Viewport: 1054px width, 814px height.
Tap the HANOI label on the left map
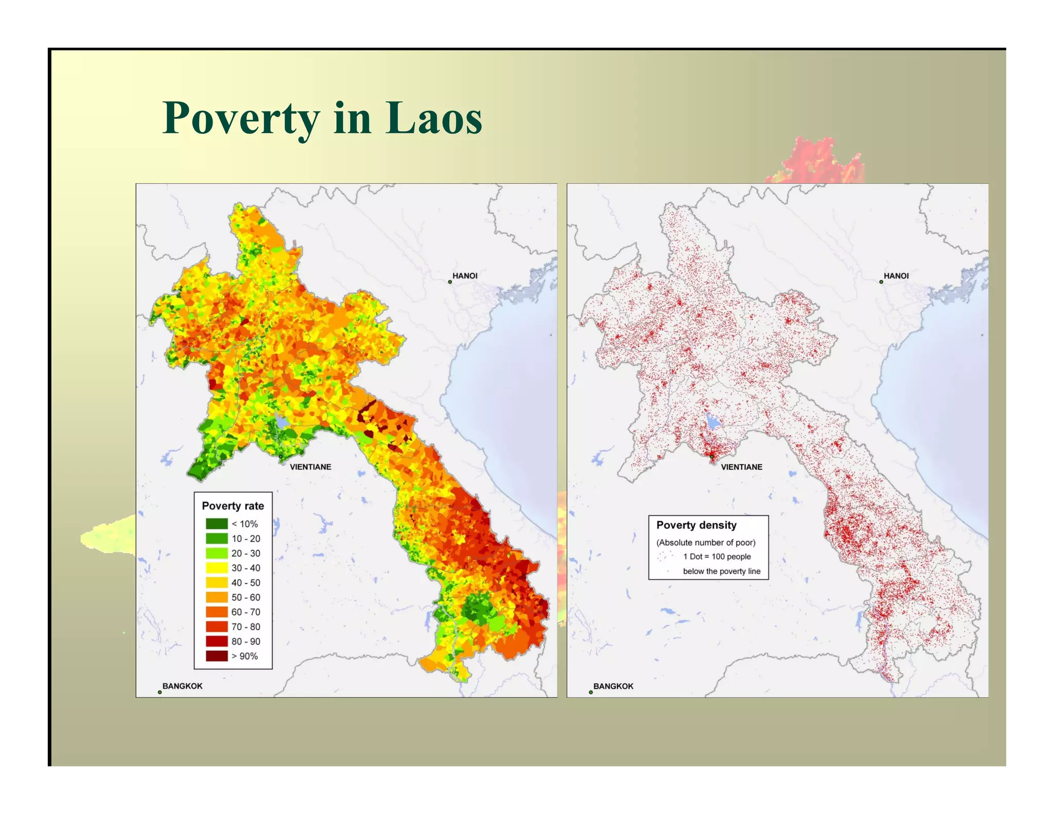click(x=465, y=276)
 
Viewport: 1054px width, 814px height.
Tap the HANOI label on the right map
click(x=896, y=276)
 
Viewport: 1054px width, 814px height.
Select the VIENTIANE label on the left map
click(x=310, y=467)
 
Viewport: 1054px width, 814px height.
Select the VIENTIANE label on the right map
click(x=741, y=467)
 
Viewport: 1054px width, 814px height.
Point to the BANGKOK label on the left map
click(x=182, y=686)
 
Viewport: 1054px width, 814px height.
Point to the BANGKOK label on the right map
click(x=613, y=686)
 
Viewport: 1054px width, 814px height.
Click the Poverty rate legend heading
click(x=233, y=506)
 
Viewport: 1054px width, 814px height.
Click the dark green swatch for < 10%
click(x=217, y=524)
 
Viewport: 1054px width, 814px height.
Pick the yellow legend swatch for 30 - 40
click(x=217, y=568)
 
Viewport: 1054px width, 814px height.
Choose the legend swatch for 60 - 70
click(x=217, y=612)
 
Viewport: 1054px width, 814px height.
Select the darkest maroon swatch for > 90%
click(x=217, y=656)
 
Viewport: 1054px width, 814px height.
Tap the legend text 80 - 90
click(x=245, y=641)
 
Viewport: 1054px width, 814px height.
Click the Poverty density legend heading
click(x=696, y=525)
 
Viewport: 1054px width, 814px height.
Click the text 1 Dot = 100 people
click(x=716, y=556)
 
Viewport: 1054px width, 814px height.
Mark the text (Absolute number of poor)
click(x=706, y=542)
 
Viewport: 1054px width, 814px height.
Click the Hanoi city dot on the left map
click(x=450, y=281)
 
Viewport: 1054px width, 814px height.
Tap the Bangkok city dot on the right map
click(x=591, y=692)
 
